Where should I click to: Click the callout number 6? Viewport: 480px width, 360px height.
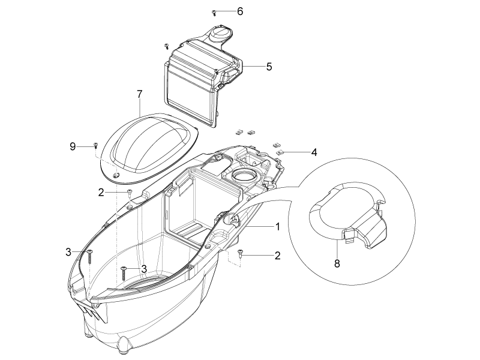pyautogui.click(x=240, y=11)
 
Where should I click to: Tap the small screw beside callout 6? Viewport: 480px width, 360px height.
pyautogui.click(x=214, y=13)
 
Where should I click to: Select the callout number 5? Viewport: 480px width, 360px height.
pyautogui.click(x=269, y=67)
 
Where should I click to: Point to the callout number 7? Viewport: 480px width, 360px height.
pyautogui.click(x=140, y=94)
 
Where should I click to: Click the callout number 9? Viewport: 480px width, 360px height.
pyautogui.click(x=73, y=146)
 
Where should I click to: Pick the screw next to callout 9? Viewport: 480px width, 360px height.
pyautogui.click(x=95, y=145)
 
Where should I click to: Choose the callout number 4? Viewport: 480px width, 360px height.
pyautogui.click(x=314, y=152)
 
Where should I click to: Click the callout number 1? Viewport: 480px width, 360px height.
pyautogui.click(x=278, y=227)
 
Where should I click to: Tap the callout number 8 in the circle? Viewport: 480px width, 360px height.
pyautogui.click(x=337, y=263)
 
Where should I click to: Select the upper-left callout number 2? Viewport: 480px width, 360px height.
pyautogui.click(x=101, y=193)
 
